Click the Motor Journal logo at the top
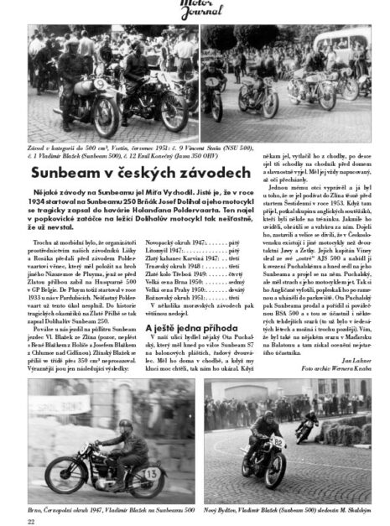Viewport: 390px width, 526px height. tap(195, 11)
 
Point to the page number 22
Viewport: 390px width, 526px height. tap(31, 519)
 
